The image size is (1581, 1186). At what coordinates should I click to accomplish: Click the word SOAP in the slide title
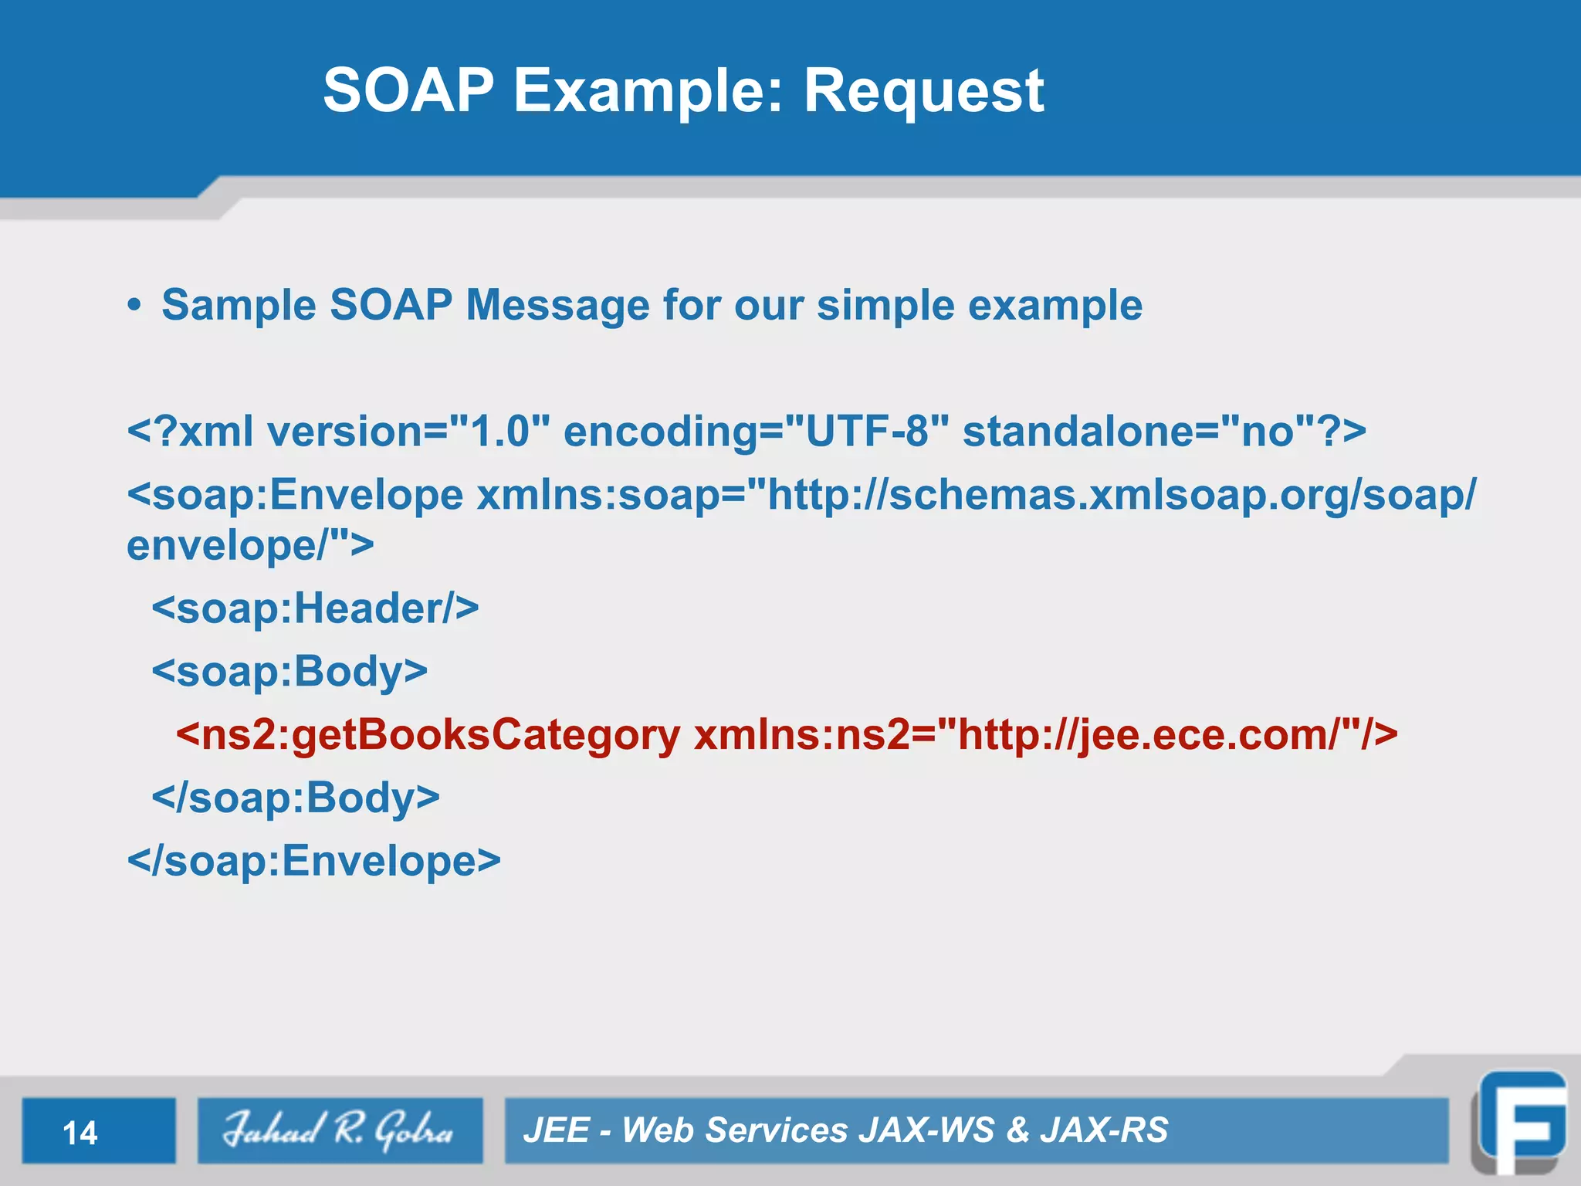[x=408, y=91]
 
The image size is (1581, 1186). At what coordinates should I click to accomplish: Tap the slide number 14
[x=80, y=1133]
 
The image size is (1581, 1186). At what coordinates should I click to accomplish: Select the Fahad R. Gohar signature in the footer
[x=339, y=1130]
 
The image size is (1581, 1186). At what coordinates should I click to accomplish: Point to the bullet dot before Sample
[x=135, y=305]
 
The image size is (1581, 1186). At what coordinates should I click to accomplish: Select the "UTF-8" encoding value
[x=866, y=431]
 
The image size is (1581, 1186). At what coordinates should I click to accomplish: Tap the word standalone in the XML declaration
[x=1078, y=431]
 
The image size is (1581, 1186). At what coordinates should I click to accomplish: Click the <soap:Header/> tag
[x=315, y=608]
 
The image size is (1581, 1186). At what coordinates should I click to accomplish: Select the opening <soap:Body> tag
[x=289, y=671]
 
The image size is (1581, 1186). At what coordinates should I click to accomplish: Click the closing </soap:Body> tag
[x=296, y=798]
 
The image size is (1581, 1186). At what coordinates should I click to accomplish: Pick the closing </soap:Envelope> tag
[x=314, y=861]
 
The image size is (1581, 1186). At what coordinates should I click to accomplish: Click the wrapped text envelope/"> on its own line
[x=250, y=545]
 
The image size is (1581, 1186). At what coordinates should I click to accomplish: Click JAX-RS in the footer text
[x=1104, y=1130]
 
